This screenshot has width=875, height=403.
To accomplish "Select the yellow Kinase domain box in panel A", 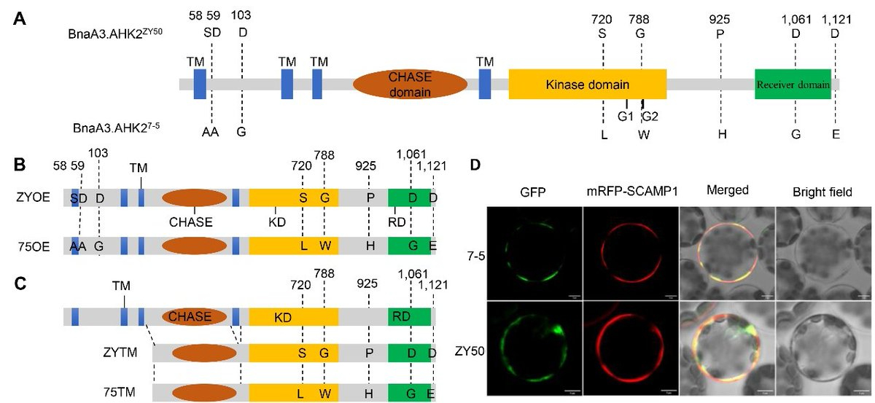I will point(587,85).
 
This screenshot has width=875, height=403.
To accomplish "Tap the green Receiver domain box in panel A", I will point(793,85).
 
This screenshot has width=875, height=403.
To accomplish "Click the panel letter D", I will point(475,165).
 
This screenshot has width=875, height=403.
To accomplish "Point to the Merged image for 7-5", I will point(727,252).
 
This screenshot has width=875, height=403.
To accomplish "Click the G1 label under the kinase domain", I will point(625,115).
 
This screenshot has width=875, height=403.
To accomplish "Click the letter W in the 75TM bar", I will point(324,394).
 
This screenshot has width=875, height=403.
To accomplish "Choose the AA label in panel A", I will point(211,132).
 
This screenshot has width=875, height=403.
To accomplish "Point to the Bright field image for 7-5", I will point(823,252).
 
